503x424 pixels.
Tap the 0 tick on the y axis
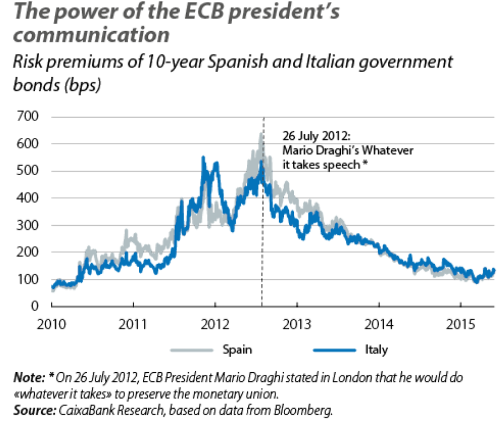35,306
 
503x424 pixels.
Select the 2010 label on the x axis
52,322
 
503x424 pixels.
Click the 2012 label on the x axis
215,322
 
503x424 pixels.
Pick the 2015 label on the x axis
461,322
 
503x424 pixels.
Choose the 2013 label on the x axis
297,322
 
